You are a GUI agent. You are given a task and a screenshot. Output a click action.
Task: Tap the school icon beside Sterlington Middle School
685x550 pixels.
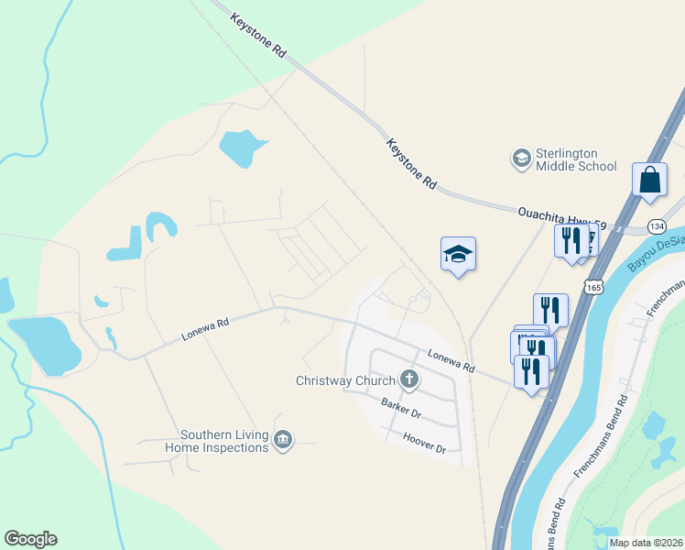[x=521, y=159]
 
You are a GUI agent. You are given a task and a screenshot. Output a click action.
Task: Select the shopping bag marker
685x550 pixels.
[x=649, y=181]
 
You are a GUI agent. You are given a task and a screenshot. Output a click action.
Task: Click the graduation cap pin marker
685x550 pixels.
[x=458, y=254]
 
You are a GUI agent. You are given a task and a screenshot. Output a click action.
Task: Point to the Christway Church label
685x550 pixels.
[x=345, y=380]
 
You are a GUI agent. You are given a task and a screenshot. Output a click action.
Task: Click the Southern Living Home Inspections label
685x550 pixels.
[x=223, y=441]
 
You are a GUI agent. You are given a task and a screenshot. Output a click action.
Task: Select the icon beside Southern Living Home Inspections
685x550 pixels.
[x=284, y=441]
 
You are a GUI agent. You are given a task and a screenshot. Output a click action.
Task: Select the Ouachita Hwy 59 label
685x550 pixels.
[x=562, y=215]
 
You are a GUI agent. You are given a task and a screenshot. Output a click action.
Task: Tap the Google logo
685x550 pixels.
[x=30, y=539]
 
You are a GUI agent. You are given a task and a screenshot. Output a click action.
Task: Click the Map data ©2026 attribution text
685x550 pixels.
[x=646, y=543]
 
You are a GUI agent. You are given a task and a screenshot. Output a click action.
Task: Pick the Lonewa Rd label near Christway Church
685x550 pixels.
[x=451, y=360]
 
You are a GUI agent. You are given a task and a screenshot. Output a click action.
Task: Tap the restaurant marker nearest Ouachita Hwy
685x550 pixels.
[x=569, y=243]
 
